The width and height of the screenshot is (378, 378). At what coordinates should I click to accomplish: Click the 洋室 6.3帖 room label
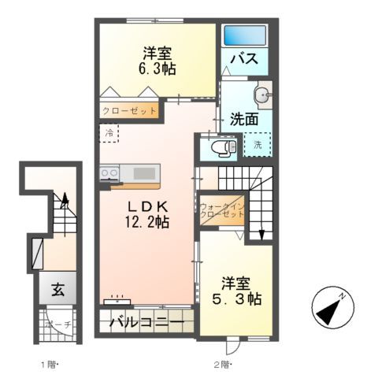[x=159, y=61]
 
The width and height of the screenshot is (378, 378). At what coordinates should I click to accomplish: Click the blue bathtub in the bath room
[x=245, y=36]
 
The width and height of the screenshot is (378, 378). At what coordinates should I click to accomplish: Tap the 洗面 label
[x=244, y=120]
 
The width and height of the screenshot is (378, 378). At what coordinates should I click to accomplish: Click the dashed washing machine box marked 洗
[x=257, y=144]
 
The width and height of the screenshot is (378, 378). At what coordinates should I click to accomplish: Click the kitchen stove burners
[x=109, y=173]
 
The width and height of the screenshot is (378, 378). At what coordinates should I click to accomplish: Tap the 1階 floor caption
[x=49, y=364]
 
